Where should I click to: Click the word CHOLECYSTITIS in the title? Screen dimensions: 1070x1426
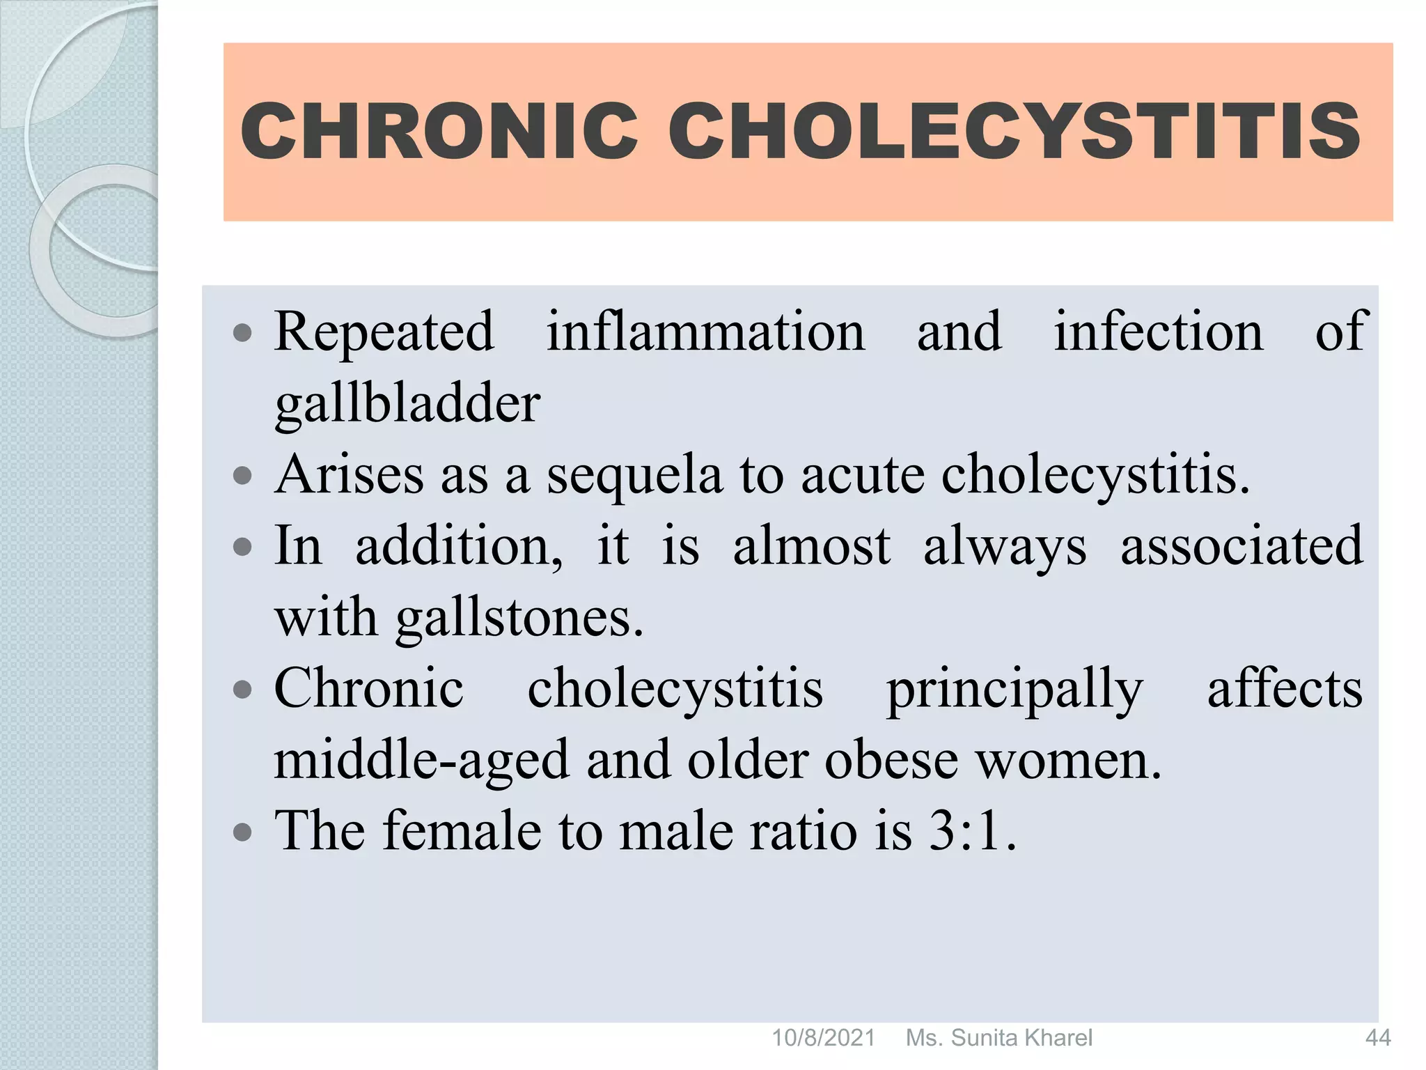click(x=1014, y=130)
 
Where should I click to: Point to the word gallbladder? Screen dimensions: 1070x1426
click(x=407, y=404)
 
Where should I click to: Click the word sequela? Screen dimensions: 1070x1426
click(x=634, y=476)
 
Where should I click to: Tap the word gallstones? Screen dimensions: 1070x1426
click(x=519, y=619)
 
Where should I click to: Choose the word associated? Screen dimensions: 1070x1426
click(x=1241, y=546)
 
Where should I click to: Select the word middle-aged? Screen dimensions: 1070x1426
click(x=421, y=761)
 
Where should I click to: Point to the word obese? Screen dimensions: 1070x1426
click(x=891, y=761)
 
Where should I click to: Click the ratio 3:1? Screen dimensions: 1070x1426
click(x=971, y=831)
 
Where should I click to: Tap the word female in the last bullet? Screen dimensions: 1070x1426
click(x=461, y=831)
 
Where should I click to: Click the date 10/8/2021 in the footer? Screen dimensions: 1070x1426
click(x=823, y=1038)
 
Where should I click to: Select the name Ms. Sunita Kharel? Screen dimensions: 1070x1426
click(x=998, y=1038)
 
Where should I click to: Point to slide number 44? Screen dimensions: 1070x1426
click(x=1377, y=1038)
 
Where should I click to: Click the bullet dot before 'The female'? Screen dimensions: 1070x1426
click(x=242, y=832)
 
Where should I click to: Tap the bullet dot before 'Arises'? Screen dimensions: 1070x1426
click(x=242, y=477)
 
